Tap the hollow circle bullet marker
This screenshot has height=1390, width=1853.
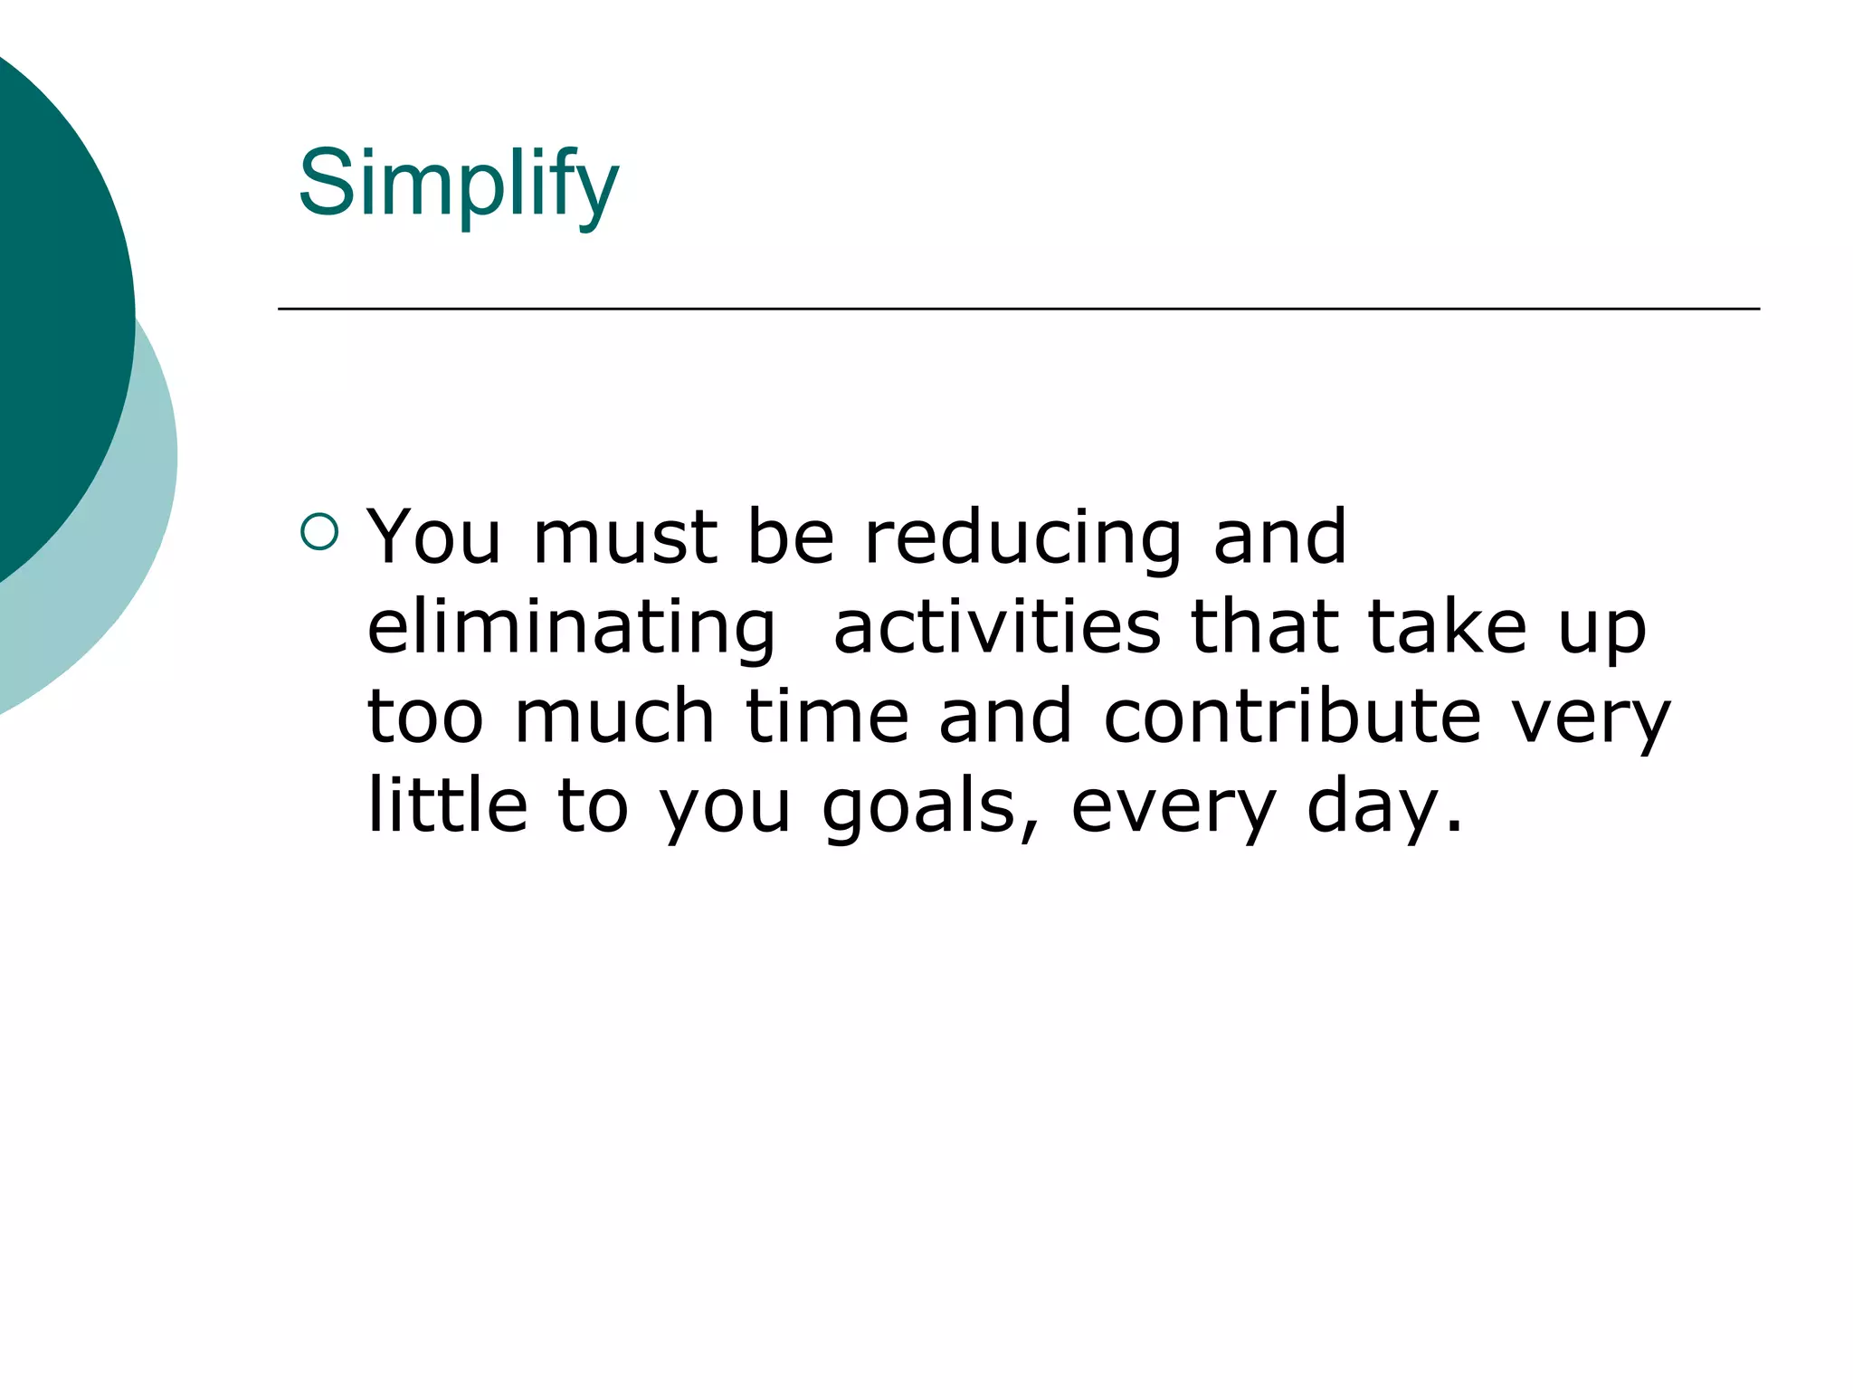[x=318, y=532]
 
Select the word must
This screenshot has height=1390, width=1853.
[x=624, y=537]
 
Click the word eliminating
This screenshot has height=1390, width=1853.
[x=571, y=629]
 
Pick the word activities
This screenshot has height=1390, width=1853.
[x=996, y=627]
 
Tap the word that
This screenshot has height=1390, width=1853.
[x=1264, y=627]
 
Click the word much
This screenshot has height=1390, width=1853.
[x=614, y=716]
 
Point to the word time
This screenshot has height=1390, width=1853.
[x=826, y=716]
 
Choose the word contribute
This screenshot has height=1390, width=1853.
[x=1292, y=716]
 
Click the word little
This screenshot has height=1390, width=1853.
[x=447, y=804]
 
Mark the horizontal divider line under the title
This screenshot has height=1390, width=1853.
[x=1018, y=309]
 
